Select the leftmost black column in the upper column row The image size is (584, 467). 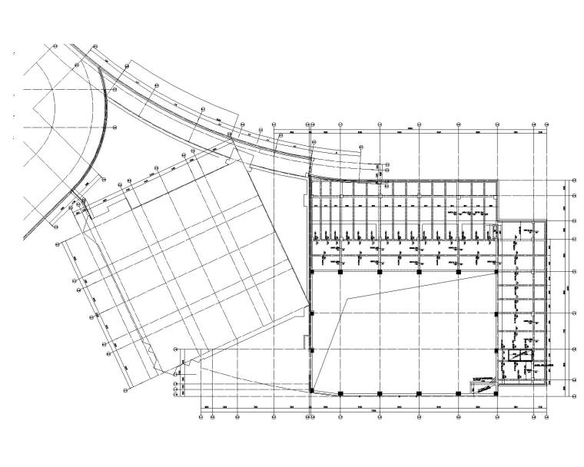[x=311, y=271]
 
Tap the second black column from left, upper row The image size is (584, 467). [x=340, y=271]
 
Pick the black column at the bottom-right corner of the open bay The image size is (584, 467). [x=496, y=393]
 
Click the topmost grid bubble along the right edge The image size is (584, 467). [x=574, y=183]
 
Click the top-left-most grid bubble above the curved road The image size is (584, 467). [x=56, y=45]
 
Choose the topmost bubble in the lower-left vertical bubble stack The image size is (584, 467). [x=178, y=350]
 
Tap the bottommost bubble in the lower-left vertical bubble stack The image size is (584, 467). [x=178, y=397]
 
